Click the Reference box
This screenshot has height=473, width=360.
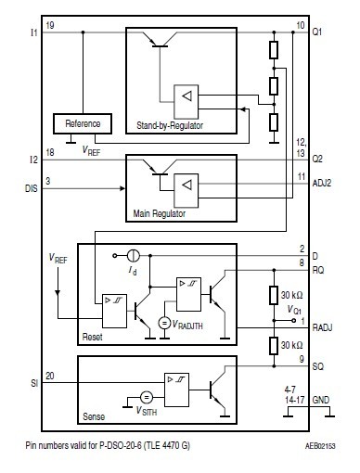click(x=83, y=123)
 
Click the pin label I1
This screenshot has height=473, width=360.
click(x=32, y=32)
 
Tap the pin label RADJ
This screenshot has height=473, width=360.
click(x=322, y=328)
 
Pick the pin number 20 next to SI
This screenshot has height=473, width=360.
click(x=49, y=376)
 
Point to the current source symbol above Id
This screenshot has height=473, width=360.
click(x=135, y=255)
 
